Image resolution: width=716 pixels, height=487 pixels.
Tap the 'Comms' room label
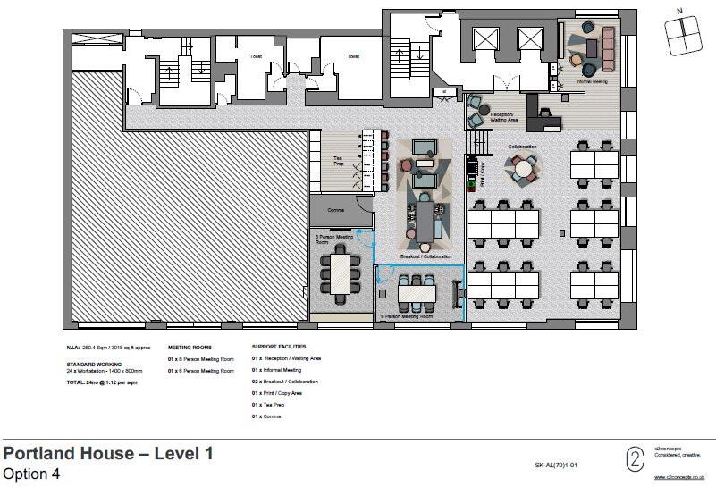[336, 210]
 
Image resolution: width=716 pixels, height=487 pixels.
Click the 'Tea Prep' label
[327, 161]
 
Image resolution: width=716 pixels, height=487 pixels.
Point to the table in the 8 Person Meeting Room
[341, 273]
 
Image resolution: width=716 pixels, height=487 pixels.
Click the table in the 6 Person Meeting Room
[417, 291]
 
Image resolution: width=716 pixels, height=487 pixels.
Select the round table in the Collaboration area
[521, 166]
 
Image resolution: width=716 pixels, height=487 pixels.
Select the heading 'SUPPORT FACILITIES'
[279, 347]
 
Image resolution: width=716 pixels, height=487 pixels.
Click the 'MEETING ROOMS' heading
[189, 347]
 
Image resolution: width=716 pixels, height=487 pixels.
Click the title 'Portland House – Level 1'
[108, 454]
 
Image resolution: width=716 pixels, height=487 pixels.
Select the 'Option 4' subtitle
[32, 474]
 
